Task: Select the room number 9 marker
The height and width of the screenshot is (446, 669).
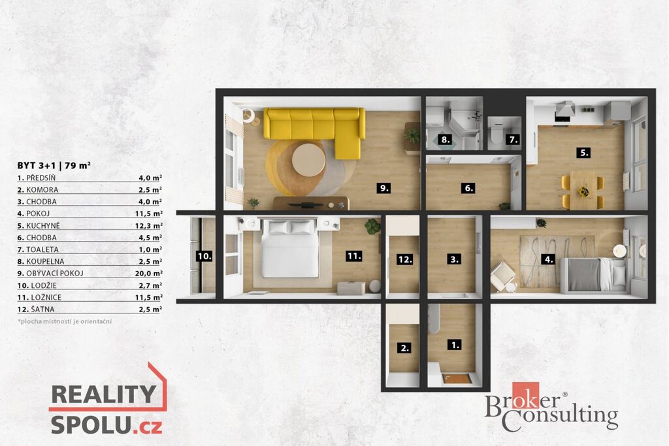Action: coord(383,187)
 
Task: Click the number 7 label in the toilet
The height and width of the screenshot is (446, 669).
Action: coord(513,140)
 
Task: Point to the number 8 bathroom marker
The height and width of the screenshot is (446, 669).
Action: coord(445,140)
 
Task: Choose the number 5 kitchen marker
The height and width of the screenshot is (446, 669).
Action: coord(583,153)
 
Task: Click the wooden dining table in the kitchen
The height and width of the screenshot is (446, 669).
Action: coord(583,189)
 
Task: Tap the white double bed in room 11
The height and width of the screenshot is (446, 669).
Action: coord(291,249)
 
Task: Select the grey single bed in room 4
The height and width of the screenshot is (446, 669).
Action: coord(593,275)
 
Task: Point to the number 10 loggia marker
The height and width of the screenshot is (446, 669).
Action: coord(204,256)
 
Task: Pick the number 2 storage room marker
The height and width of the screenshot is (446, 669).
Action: coord(404,348)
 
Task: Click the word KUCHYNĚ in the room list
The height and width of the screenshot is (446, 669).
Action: coord(43,225)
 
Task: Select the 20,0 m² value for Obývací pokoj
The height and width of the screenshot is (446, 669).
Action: coord(148,274)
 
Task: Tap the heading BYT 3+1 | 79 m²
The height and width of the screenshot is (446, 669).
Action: coord(54,165)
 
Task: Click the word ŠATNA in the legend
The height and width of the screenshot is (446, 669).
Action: coord(42,309)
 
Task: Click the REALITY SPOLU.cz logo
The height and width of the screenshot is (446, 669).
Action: coord(108,399)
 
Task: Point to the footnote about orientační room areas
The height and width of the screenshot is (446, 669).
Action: coord(65,321)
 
